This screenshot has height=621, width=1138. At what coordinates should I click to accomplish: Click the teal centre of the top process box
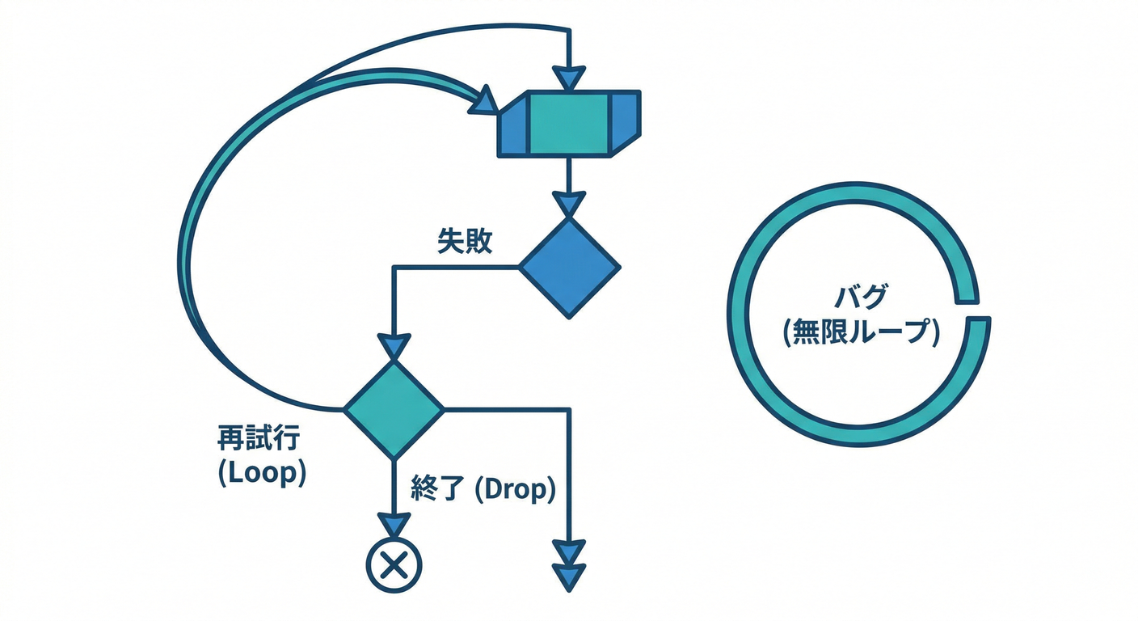pyautogui.click(x=567, y=123)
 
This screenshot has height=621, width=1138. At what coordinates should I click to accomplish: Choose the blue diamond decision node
pyautogui.click(x=569, y=267)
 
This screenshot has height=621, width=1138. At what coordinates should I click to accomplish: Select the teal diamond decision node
pyautogui.click(x=394, y=409)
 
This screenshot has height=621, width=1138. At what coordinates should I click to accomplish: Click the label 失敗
pyautogui.click(x=465, y=242)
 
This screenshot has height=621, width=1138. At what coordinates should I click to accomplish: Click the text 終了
pyautogui.click(x=436, y=488)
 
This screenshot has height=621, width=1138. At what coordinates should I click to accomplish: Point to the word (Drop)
pyautogui.click(x=514, y=488)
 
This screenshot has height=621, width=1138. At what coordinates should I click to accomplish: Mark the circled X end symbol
pyautogui.click(x=394, y=564)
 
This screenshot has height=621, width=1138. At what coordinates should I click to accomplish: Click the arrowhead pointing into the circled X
pyautogui.click(x=394, y=525)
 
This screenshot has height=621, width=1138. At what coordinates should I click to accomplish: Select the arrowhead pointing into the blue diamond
pyautogui.click(x=570, y=204)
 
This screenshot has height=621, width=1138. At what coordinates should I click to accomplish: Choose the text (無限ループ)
pyautogui.click(x=862, y=332)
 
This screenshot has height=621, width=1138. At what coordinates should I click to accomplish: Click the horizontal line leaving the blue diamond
pyautogui.click(x=457, y=267)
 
